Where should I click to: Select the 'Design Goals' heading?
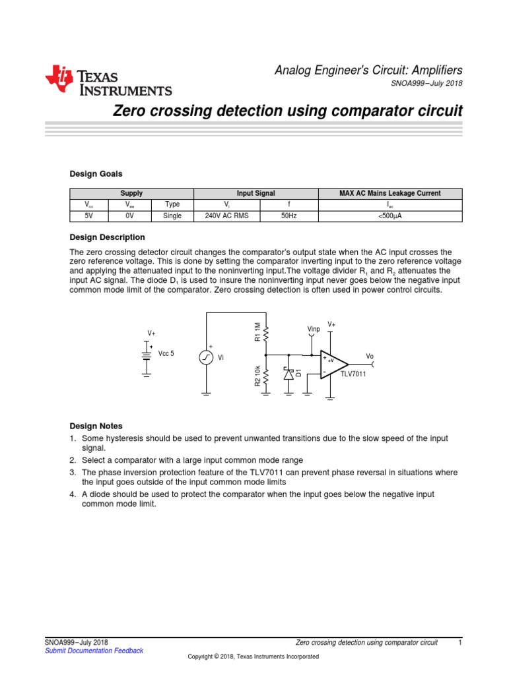pos(96,174)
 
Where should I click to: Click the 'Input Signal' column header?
pos(255,194)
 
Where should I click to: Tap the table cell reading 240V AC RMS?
pos(226,216)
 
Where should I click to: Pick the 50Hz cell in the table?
pos(288,216)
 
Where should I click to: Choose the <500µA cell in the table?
pos(389,216)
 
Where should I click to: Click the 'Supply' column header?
pos(131,194)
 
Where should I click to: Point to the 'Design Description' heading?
pos(108,237)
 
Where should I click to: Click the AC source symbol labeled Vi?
pos(206,357)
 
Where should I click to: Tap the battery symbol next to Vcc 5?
pos(147,354)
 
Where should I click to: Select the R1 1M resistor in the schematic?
pos(266,334)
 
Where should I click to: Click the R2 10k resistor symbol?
pos(266,377)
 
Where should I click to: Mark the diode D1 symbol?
pos(288,374)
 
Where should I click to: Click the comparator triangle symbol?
pos(334,365)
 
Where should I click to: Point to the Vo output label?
pos(370,357)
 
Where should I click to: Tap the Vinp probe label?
pos(314,328)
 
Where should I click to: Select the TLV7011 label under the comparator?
pos(353,374)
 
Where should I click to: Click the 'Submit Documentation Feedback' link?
pos(94,651)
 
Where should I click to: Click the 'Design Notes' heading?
pos(96,426)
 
